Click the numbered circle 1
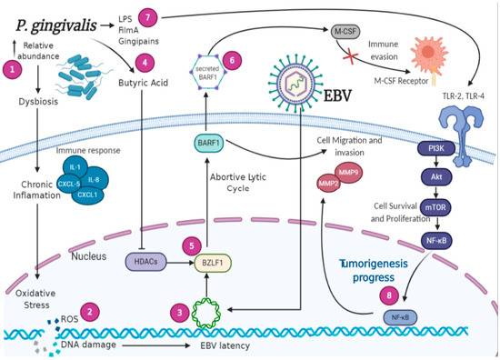pos(12,68)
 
